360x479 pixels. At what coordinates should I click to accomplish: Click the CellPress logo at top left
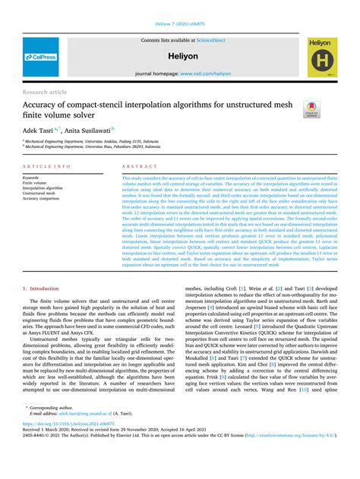click(x=40, y=57)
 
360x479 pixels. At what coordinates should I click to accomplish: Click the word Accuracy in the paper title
click(x=47, y=105)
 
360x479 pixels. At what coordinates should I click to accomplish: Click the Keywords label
click(x=33, y=177)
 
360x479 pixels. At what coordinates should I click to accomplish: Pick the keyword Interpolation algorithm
click(x=46, y=188)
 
